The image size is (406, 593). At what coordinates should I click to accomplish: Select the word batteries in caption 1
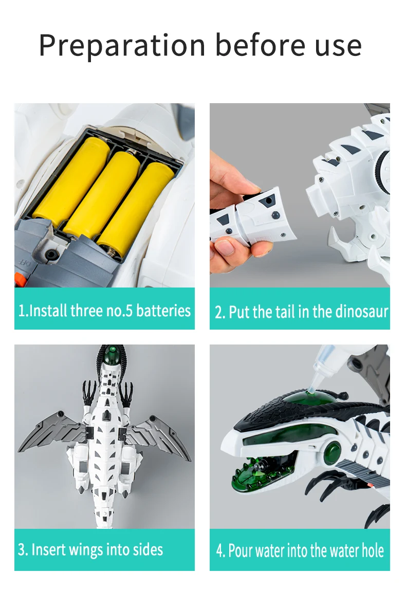tap(163, 311)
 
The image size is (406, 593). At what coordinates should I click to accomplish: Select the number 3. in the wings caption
tap(23, 550)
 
